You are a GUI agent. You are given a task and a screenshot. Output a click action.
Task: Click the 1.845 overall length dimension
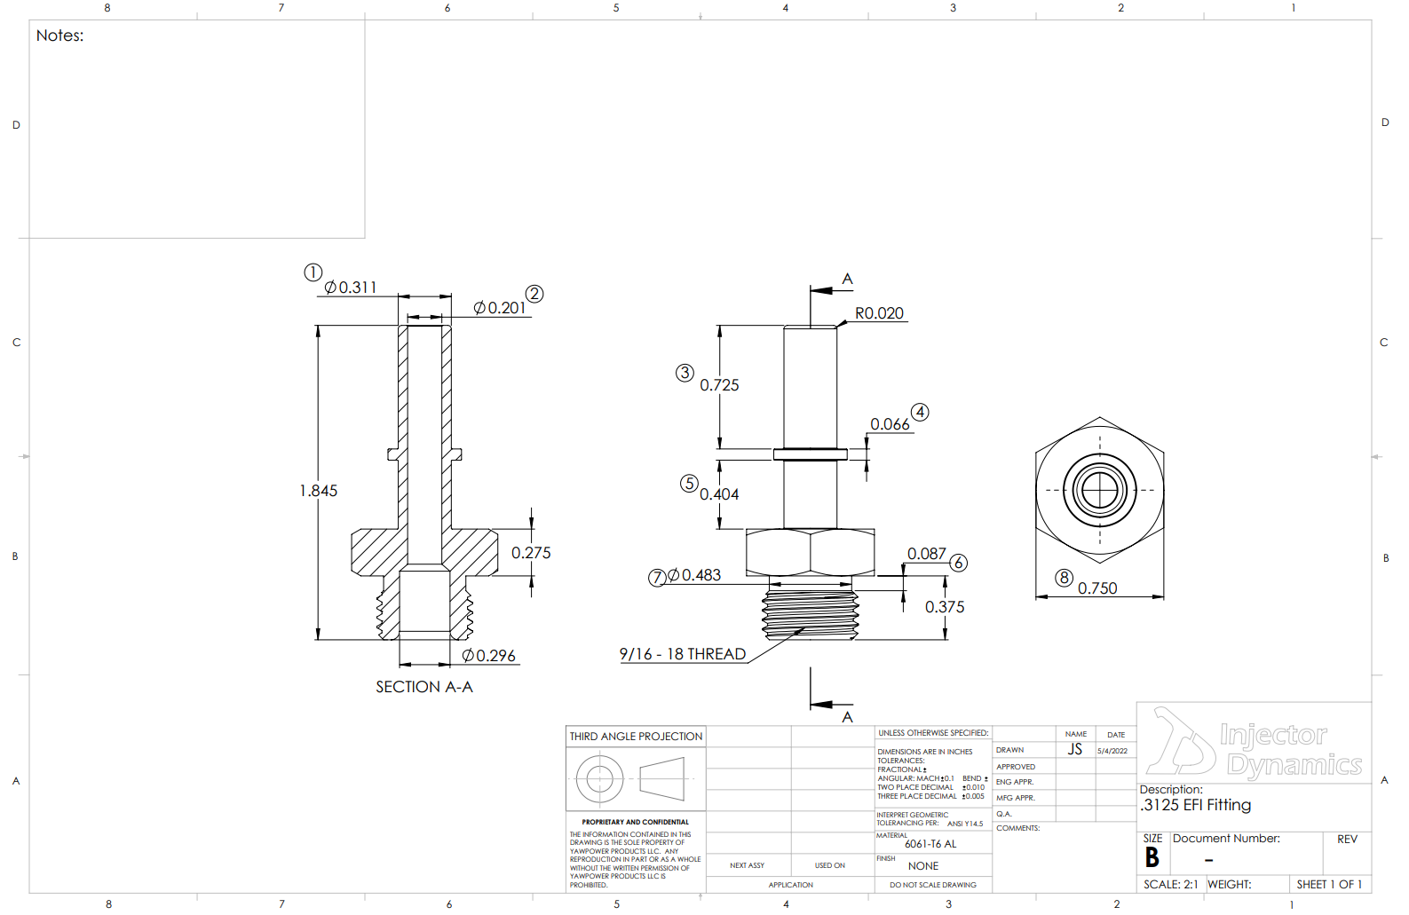point(318,491)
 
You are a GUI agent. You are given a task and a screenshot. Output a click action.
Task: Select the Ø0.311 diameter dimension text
point(351,288)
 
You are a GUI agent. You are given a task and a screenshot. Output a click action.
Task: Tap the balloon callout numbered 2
point(534,294)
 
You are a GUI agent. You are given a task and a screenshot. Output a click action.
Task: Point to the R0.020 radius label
point(879,313)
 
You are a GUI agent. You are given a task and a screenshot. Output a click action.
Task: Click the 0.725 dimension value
point(719,385)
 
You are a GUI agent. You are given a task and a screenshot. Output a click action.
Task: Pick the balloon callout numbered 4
point(920,412)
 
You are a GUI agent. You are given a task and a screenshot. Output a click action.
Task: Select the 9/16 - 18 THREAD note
point(682,654)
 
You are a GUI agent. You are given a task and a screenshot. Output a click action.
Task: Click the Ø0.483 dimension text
point(694,575)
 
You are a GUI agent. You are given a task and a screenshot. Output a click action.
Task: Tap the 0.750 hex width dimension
point(1097,588)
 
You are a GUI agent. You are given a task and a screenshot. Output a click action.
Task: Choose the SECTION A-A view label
point(424,687)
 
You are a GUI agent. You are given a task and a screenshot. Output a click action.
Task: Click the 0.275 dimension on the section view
point(531,553)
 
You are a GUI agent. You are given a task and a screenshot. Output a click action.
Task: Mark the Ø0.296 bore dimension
point(488,656)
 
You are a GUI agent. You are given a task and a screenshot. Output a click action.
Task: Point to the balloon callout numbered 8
point(1064,578)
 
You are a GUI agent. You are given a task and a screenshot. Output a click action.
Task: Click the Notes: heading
point(60,35)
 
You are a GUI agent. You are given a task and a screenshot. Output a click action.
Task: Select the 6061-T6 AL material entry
point(930,844)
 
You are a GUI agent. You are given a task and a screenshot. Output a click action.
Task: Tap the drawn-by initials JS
point(1075,749)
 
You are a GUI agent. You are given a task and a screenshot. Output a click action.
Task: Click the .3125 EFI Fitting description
point(1196,805)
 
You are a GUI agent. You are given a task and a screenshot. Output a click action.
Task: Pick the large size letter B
point(1152,857)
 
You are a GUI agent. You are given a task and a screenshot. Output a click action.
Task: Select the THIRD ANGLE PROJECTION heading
point(636,737)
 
